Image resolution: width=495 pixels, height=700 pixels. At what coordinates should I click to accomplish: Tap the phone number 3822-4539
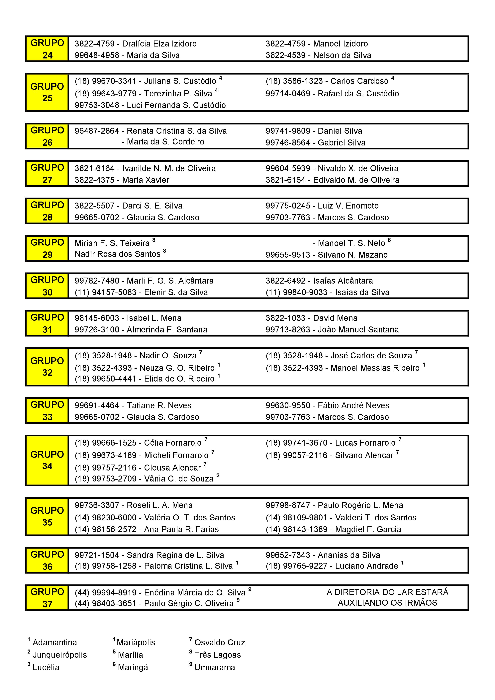click(285, 55)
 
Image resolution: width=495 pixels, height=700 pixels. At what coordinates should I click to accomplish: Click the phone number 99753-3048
click(97, 105)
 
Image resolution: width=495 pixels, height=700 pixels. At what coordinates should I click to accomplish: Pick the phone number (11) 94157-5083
click(106, 292)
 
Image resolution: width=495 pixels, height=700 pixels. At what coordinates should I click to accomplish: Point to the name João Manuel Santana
click(358, 330)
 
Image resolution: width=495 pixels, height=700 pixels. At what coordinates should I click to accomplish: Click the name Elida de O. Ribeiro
click(179, 379)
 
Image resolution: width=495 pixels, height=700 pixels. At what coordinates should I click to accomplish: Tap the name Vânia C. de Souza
click(178, 479)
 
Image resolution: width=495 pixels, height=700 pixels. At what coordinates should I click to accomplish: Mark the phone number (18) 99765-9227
click(296, 566)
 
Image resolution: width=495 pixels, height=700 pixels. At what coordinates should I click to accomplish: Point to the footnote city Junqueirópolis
click(60, 655)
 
